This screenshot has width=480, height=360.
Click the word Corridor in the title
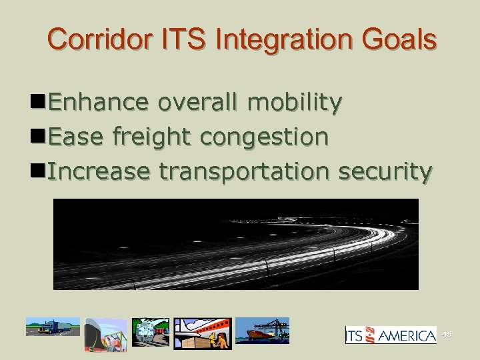(91, 39)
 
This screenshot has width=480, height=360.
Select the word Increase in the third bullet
(99, 171)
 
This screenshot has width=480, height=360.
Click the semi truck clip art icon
(53, 327)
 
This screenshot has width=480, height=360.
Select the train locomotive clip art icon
(151, 332)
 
